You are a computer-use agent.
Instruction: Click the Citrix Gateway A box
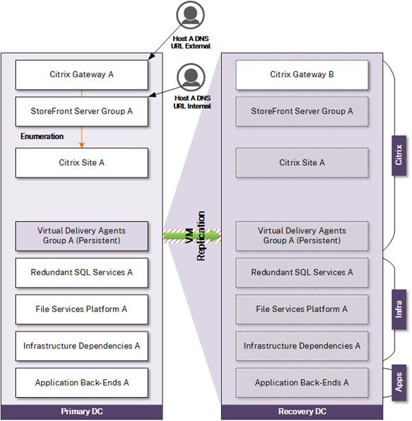point(81,75)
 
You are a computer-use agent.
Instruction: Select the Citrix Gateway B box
point(302,75)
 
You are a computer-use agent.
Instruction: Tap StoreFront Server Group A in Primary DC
point(81,111)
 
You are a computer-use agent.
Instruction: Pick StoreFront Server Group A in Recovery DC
point(302,111)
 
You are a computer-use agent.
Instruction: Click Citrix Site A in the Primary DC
point(81,162)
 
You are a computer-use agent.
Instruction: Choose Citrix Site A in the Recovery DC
point(302,162)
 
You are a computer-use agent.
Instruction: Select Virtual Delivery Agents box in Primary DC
point(81,235)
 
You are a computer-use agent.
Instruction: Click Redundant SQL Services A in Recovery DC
point(302,272)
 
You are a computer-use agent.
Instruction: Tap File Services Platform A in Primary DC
point(81,309)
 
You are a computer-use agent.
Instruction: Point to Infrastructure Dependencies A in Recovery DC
point(302,346)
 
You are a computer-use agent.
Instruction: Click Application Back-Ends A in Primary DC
point(81,383)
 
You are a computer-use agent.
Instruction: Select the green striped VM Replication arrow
point(192,235)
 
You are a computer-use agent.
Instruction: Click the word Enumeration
point(42,137)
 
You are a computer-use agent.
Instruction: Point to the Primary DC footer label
point(81,411)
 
